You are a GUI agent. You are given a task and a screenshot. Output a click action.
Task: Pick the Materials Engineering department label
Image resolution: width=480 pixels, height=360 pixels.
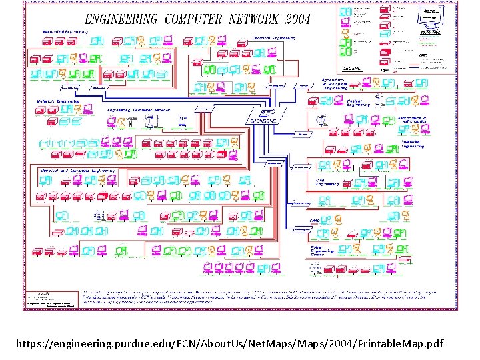pyautogui.click(x=58, y=101)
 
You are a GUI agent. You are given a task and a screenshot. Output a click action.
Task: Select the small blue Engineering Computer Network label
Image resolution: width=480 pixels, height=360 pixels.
pyautogui.click(x=139, y=109)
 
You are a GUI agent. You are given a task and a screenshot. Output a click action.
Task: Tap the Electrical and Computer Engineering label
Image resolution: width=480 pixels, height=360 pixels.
pyautogui.click(x=77, y=171)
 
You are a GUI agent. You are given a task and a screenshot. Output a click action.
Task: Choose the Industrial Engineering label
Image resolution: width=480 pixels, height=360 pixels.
pyautogui.click(x=411, y=144)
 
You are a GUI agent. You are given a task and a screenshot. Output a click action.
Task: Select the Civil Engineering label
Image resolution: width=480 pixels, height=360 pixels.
pyautogui.click(x=325, y=180)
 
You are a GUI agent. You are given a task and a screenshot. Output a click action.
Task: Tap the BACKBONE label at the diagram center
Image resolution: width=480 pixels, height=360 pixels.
pyautogui.click(x=262, y=121)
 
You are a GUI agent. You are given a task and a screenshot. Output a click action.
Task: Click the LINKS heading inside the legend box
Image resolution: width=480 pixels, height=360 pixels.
pyautogui.click(x=423, y=56)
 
